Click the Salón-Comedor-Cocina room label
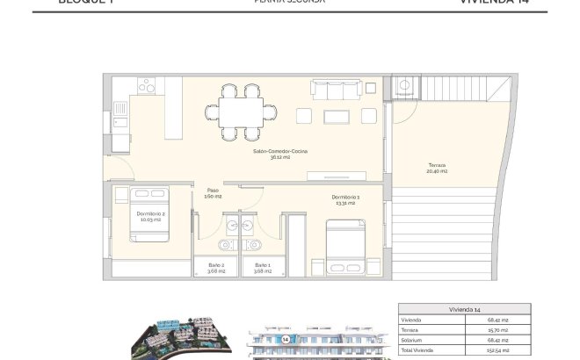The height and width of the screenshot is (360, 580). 280,155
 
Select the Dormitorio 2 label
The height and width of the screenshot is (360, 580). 152,216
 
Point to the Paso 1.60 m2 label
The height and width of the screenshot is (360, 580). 213,194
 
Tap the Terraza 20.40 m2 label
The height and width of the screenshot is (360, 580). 437,169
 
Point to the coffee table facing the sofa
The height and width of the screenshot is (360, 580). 337,116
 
